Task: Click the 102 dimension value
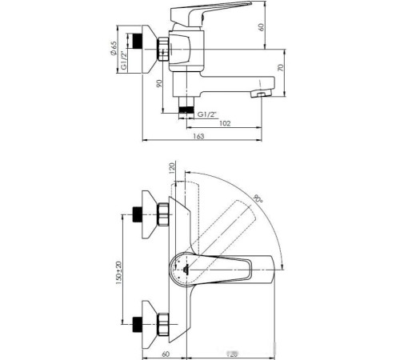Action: pyautogui.click(x=225, y=123)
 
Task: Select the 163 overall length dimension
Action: pyautogui.click(x=199, y=137)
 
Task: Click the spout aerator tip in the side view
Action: pyautogui.click(x=258, y=94)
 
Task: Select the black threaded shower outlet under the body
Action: pyautogui.click(x=186, y=107)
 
